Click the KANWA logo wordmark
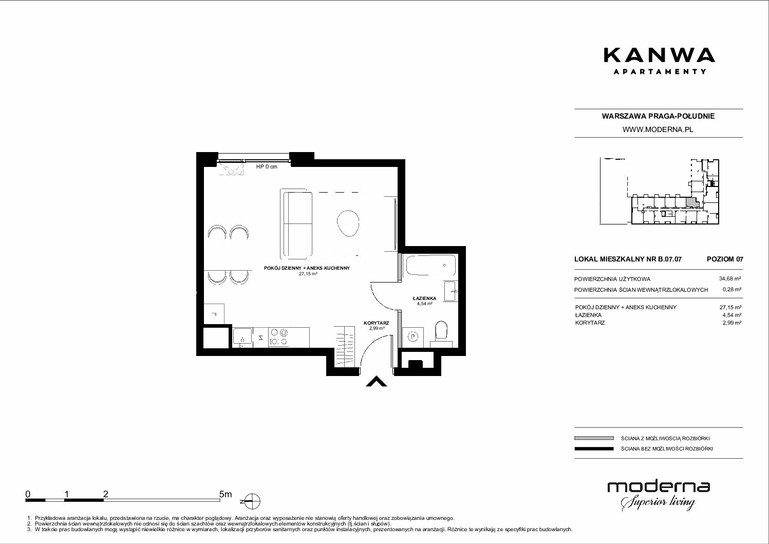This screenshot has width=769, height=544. pyautogui.click(x=659, y=55)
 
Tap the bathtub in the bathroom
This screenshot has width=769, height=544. pyautogui.click(x=431, y=265)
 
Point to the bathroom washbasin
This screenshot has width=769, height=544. pyautogui.click(x=451, y=291)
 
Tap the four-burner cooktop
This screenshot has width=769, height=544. pyautogui.click(x=278, y=336)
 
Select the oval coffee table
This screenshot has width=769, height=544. pyautogui.click(x=348, y=223)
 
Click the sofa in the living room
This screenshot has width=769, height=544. pyautogui.click(x=296, y=224)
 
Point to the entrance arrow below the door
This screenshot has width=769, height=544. pyautogui.click(x=376, y=381)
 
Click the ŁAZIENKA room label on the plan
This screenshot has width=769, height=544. pyautogui.click(x=424, y=298)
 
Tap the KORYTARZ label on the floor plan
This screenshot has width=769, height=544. pyautogui.click(x=376, y=323)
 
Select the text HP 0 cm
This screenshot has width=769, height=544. pyautogui.click(x=267, y=166)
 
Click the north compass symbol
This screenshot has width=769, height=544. pyautogui.click(x=252, y=502)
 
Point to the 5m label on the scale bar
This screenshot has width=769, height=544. pyautogui.click(x=226, y=494)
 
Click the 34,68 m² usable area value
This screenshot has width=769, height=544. pyautogui.click(x=730, y=279)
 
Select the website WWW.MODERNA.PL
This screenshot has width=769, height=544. pyautogui.click(x=658, y=129)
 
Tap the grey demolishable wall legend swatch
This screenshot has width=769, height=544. pyautogui.click(x=594, y=438)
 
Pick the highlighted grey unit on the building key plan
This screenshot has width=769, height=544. pyautogui.click(x=692, y=202)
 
